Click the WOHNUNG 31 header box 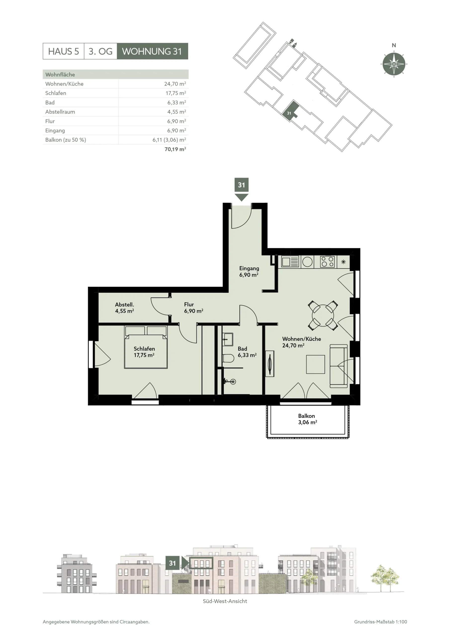click(x=152, y=51)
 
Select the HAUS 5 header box click(x=63, y=51)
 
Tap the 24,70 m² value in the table click(x=175, y=84)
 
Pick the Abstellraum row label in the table click(x=60, y=112)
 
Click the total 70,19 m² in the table click(x=175, y=149)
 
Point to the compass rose click(x=394, y=64)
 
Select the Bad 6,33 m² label click(x=247, y=352)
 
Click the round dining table click(x=323, y=316)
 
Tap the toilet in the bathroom click(x=228, y=358)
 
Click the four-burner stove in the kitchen click(x=327, y=262)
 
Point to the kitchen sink click(x=290, y=262)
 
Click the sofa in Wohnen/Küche click(x=339, y=366)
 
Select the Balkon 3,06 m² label click(x=307, y=419)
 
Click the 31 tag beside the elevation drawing click(x=173, y=563)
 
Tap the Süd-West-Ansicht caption click(x=225, y=601)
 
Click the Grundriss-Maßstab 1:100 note click(x=380, y=622)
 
